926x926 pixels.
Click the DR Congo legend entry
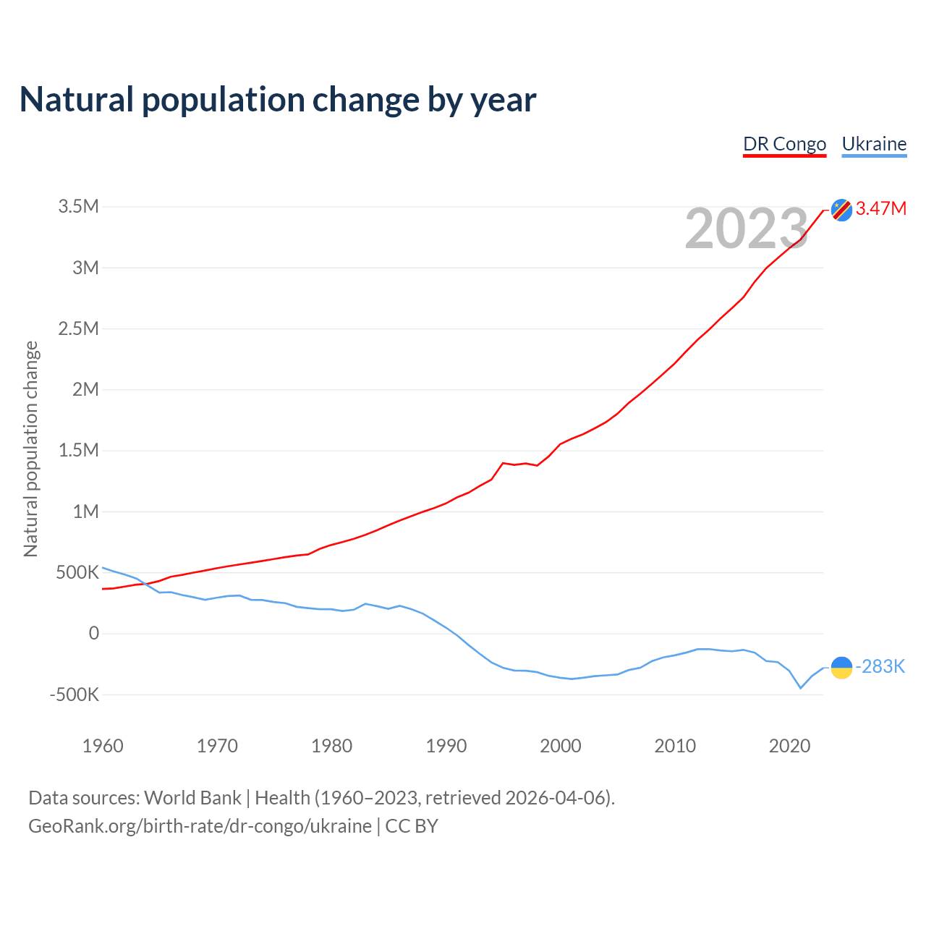coord(784,144)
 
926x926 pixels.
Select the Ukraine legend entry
coord(874,144)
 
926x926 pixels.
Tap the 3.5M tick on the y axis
coord(79,207)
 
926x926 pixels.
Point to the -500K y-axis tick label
coord(75,695)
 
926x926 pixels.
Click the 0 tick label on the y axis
coord(94,634)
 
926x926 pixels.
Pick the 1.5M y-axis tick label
coord(79,451)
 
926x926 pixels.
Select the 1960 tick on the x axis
coord(103,746)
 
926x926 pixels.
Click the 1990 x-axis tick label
coord(446,746)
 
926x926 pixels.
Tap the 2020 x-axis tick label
coord(789,746)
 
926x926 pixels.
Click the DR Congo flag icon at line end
coord(841,210)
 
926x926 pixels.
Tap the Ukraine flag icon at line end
coord(841,667)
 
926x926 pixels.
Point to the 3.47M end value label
coord(881,209)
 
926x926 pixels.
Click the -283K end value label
coord(880,667)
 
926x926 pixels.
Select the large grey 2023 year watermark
coord(746,229)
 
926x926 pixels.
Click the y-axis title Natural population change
coord(30,449)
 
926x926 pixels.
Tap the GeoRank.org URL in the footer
coord(200,826)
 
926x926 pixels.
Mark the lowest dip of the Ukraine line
coord(801,688)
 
